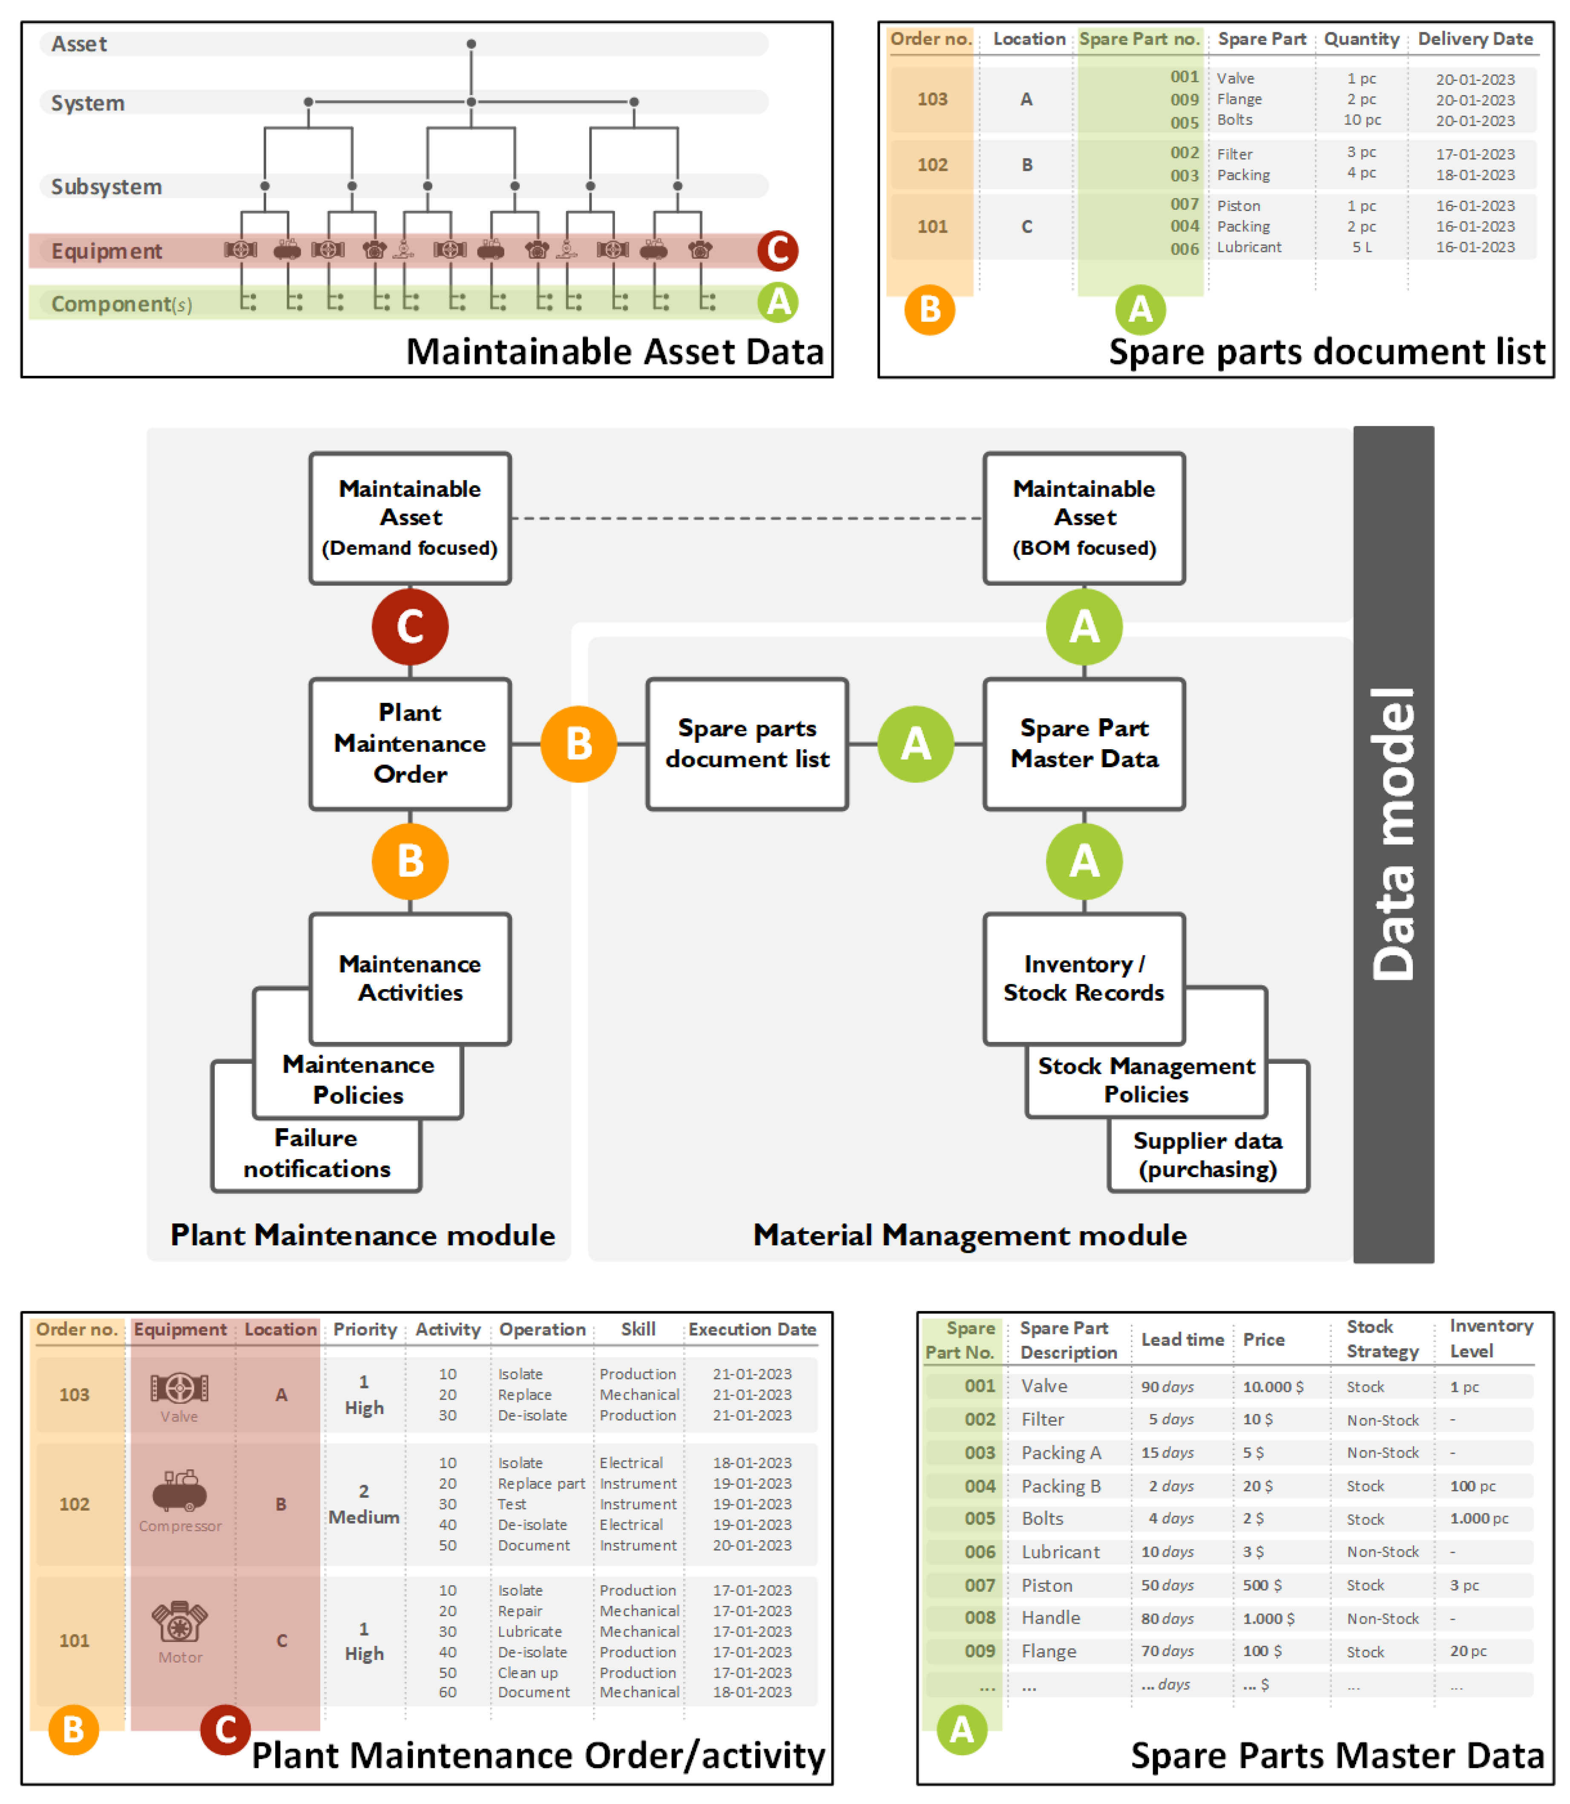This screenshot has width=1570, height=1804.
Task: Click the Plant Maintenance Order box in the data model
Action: click(410, 743)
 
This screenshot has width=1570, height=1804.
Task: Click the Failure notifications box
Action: click(316, 1154)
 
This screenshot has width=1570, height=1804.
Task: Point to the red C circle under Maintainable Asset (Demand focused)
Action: click(410, 627)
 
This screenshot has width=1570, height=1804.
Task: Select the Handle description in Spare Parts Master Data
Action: click(1050, 1617)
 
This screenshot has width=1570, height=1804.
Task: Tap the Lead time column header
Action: click(1182, 1339)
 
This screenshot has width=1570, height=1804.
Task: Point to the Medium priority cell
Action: click(364, 1516)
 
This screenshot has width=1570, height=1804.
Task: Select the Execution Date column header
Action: click(752, 1330)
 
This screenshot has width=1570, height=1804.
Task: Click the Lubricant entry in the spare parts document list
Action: click(1248, 247)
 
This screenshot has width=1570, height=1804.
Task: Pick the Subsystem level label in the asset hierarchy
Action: click(106, 187)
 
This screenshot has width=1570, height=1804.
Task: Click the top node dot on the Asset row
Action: click(472, 44)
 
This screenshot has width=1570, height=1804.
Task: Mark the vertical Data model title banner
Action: click(1393, 844)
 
